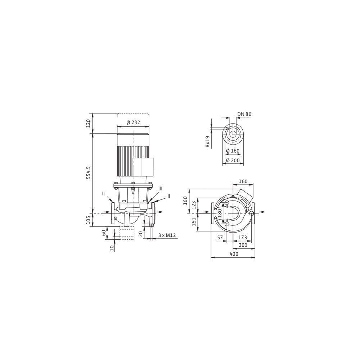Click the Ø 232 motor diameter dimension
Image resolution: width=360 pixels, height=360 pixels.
(133, 122)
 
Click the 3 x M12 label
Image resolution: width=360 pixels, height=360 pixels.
(167, 235)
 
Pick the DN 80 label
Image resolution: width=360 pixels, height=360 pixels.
(244, 114)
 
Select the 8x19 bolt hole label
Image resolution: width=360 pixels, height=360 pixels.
(208, 141)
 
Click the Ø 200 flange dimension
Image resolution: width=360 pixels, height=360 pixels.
(233, 161)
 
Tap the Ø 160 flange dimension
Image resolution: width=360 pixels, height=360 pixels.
(233, 151)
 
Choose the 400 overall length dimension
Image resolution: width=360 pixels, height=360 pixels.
(234, 254)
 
